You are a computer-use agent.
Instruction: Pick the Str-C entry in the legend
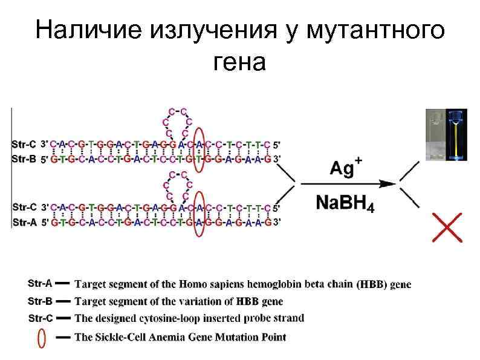[41, 318]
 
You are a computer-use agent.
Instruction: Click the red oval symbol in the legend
[41, 338]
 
